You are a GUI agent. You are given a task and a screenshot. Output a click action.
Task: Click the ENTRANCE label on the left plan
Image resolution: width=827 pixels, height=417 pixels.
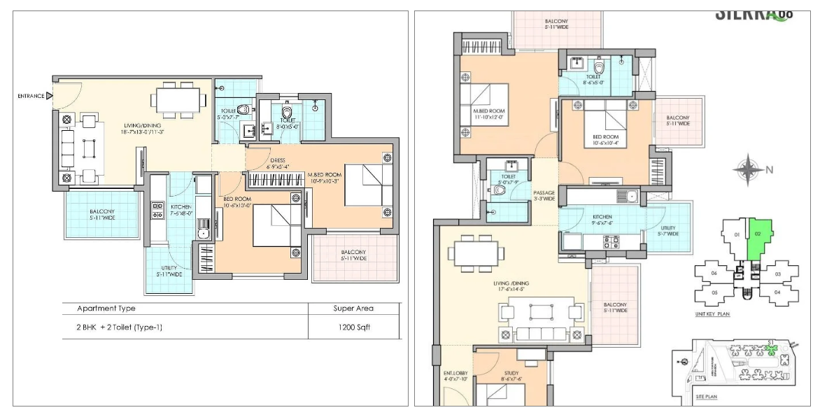(31, 96)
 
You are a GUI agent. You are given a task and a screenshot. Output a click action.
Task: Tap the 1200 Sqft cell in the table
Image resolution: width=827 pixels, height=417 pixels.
(354, 327)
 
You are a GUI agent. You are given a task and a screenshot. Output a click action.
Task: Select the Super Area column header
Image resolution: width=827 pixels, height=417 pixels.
(354, 308)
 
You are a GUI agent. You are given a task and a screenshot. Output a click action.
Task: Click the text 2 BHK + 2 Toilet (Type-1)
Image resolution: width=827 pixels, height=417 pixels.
(120, 327)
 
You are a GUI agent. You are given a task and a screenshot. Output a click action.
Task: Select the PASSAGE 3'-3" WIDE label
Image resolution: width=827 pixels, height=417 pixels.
(544, 195)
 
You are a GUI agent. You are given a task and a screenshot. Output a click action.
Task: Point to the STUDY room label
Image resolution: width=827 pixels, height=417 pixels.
(511, 376)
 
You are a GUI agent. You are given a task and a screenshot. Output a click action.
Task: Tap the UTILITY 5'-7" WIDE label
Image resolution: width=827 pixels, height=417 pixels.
(668, 230)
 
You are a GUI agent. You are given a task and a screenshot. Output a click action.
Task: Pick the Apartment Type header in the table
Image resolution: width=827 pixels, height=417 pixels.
(106, 308)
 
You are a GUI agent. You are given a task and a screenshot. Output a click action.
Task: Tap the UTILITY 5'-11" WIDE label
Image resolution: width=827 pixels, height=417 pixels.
(169, 271)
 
